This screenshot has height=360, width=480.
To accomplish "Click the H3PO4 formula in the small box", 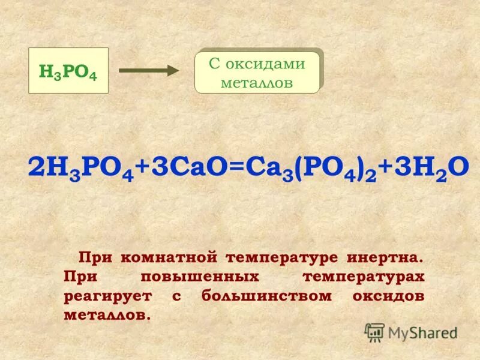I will coord(68,71).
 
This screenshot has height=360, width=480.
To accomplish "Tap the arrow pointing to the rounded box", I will coord(149,71).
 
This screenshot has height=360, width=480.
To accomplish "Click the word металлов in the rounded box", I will coord(257,83).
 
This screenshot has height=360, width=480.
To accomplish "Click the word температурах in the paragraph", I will coord(364,277).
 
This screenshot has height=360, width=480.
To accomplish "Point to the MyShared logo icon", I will coord(374,332).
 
